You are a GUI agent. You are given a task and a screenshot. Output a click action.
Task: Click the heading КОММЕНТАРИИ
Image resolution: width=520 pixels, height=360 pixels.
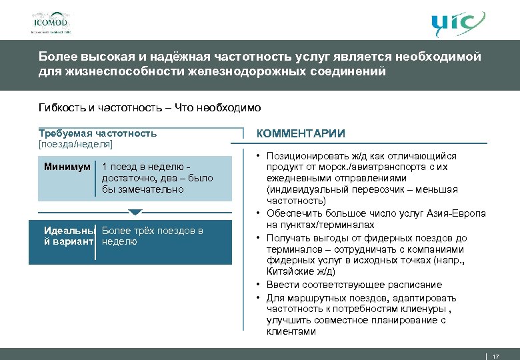tap(301, 133)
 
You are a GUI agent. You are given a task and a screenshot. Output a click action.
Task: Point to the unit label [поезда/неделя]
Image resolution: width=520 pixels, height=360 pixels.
tap(76, 143)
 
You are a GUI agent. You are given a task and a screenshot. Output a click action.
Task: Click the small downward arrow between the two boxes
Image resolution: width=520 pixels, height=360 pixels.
tap(135, 213)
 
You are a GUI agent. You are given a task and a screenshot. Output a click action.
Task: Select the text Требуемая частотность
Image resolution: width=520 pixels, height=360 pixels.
tap(98, 133)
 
